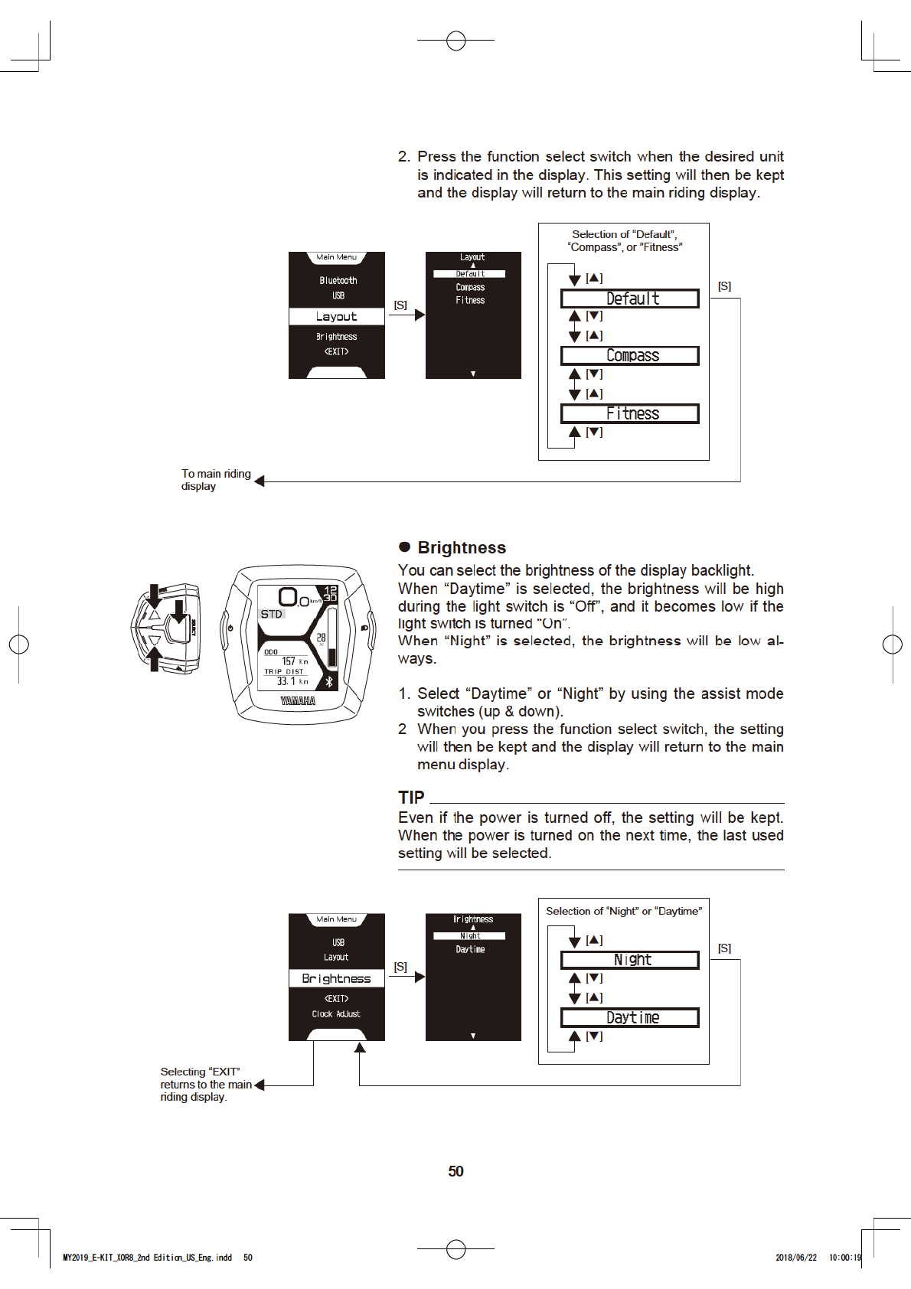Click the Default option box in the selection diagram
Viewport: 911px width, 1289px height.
click(x=630, y=299)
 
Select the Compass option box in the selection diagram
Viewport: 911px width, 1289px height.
click(x=630, y=356)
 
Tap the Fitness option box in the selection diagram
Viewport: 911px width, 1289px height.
click(x=630, y=414)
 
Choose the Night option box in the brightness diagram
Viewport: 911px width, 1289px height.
click(x=630, y=960)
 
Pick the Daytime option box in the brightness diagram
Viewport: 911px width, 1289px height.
click(x=630, y=1018)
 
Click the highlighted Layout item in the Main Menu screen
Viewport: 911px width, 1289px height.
click(x=336, y=317)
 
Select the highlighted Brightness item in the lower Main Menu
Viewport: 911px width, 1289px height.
click(x=336, y=979)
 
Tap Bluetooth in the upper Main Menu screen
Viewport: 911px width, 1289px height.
click(x=338, y=281)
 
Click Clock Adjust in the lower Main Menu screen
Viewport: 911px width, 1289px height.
click(x=336, y=1014)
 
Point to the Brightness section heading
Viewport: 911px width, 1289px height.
click(x=462, y=548)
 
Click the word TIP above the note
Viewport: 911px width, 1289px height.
click(x=411, y=798)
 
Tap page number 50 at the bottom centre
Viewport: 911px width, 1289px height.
click(x=455, y=1172)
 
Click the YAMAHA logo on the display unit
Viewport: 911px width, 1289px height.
click(x=298, y=701)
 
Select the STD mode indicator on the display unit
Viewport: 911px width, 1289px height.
click(x=272, y=615)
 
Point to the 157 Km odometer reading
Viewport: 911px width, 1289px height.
click(x=294, y=661)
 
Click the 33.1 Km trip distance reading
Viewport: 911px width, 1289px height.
click(x=292, y=681)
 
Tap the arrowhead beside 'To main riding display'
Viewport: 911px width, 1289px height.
click(x=260, y=481)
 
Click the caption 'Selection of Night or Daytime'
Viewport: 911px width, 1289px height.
click(x=624, y=912)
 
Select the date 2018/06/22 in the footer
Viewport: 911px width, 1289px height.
click(x=796, y=1258)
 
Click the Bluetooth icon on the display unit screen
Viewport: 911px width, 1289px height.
click(x=330, y=681)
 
